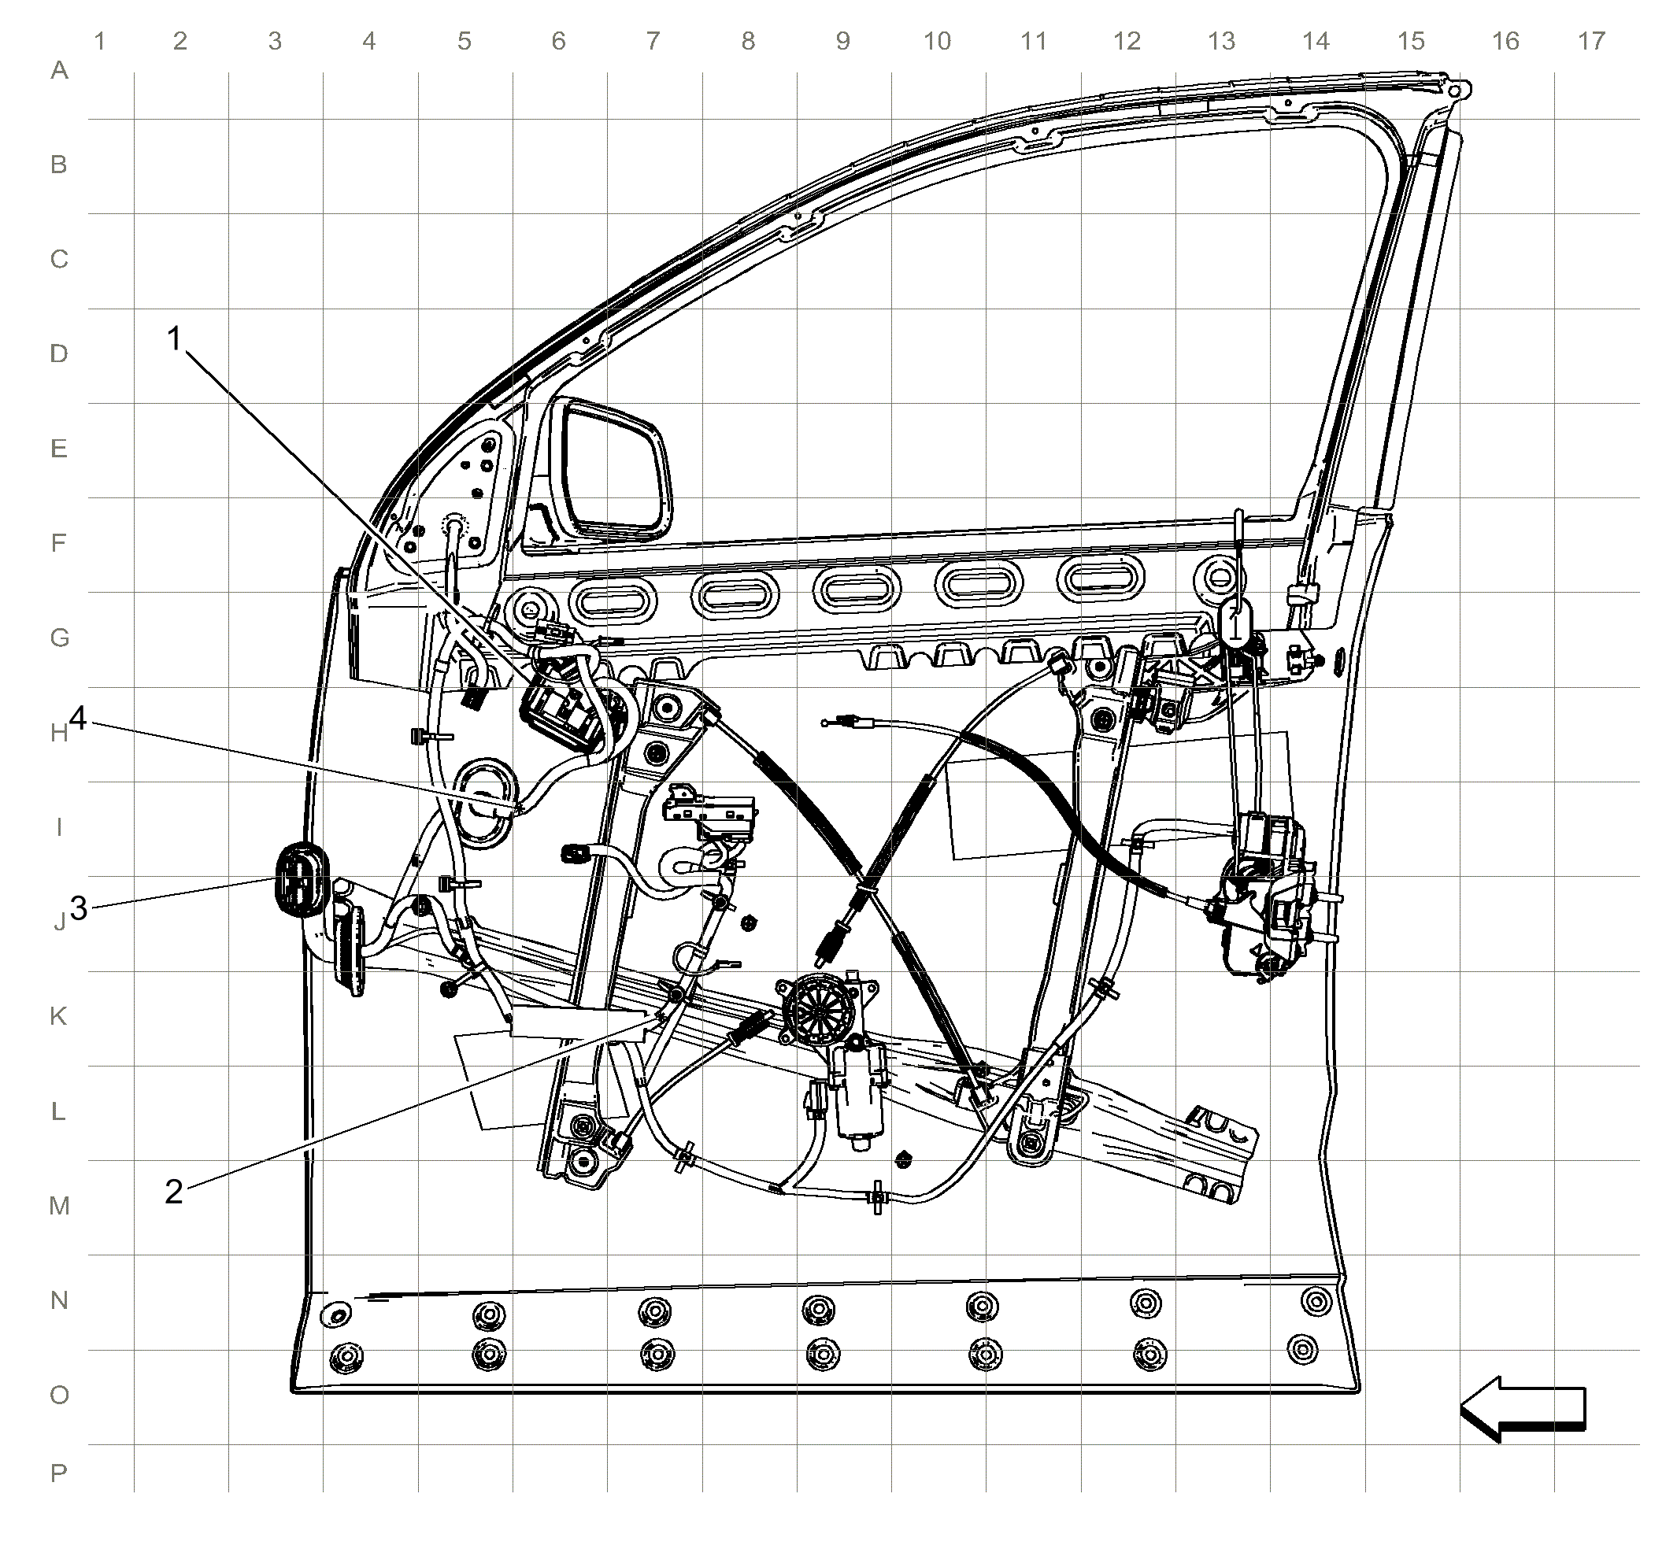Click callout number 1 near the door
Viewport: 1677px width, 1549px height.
[x=175, y=338]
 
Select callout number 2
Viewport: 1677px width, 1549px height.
[x=173, y=1191]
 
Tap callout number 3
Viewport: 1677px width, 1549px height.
[x=79, y=908]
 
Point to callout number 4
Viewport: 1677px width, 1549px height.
[x=78, y=718]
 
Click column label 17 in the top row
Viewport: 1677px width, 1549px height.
[x=1590, y=41]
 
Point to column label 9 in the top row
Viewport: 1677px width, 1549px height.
[x=842, y=41]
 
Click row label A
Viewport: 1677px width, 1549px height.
[x=59, y=70]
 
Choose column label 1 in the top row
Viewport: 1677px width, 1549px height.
[x=100, y=41]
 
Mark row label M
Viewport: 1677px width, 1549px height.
[x=59, y=1206]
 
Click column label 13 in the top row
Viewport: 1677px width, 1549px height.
[x=1222, y=41]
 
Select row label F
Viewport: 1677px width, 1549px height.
[x=59, y=543]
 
